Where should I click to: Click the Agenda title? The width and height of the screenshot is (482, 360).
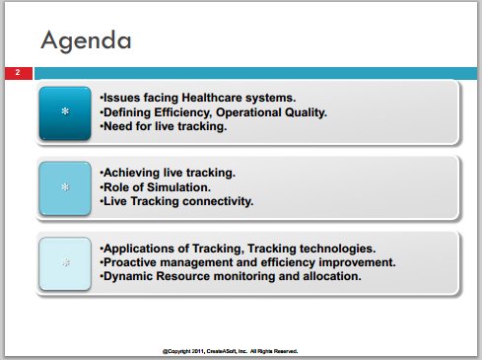(x=86, y=40)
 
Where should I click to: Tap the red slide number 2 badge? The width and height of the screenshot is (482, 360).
(x=19, y=73)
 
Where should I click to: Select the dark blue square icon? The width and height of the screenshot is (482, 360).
(x=65, y=113)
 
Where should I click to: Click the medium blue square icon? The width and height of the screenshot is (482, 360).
(x=65, y=188)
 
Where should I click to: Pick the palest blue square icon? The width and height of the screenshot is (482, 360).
(x=65, y=263)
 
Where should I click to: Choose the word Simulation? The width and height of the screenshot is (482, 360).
(x=178, y=187)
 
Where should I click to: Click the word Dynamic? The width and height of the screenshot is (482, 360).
(x=128, y=276)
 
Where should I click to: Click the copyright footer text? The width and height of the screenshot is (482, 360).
(x=230, y=351)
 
